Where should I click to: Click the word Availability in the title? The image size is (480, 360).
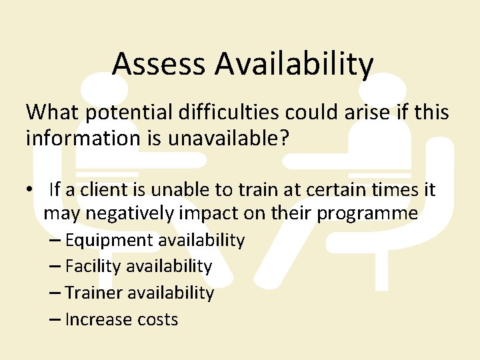294,64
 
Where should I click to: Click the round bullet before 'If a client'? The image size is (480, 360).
31,190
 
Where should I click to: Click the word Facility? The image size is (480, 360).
93,267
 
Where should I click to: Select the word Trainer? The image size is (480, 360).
94,293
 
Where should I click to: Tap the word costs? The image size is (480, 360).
156,320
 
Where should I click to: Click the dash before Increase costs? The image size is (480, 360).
56,320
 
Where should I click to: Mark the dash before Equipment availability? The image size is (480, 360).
56,240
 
